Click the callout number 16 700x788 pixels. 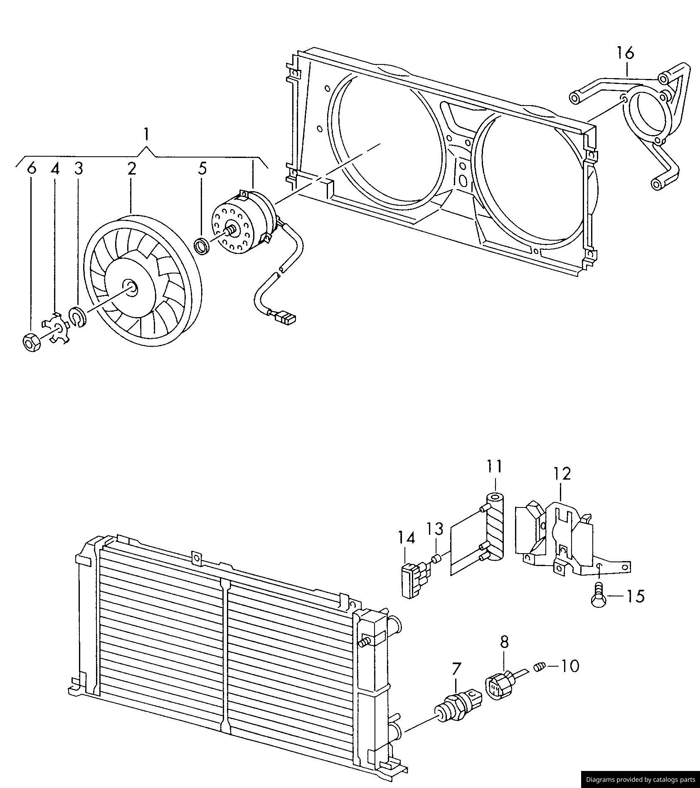tap(625, 53)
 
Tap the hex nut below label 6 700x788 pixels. tap(30, 342)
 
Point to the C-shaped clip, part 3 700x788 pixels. tap(78, 317)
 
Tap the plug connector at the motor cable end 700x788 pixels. tap(286, 319)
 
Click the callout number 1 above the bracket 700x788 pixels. tap(146, 135)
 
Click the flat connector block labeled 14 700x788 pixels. tap(412, 580)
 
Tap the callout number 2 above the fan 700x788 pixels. tap(131, 169)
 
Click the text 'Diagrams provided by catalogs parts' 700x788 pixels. tap(640, 779)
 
